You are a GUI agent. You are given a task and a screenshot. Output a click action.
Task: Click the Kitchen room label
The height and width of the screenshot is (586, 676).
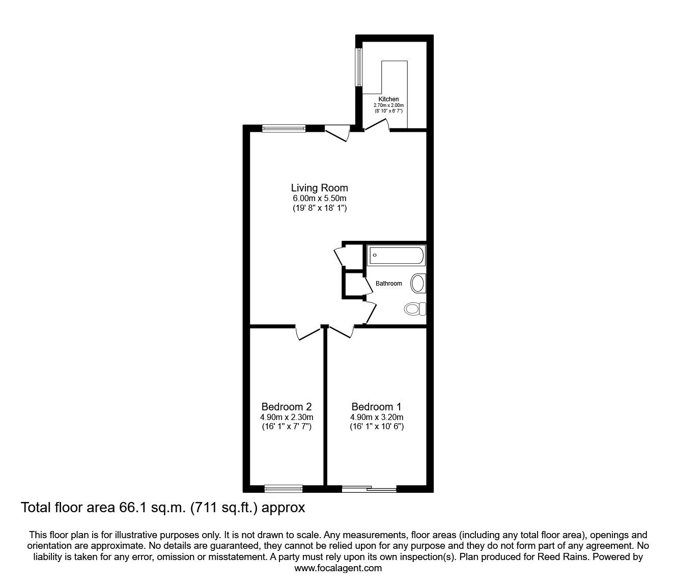point(388,99)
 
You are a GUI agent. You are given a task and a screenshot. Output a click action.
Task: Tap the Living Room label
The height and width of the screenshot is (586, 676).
point(319,188)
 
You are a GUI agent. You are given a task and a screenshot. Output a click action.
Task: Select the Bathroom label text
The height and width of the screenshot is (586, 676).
point(389,284)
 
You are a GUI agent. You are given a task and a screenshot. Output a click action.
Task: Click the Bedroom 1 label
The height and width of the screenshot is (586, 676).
point(376,407)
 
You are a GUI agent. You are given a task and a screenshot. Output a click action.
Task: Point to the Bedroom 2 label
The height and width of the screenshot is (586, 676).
point(286,407)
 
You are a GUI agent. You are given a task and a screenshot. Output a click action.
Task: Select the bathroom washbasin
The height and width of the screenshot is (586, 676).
point(418,283)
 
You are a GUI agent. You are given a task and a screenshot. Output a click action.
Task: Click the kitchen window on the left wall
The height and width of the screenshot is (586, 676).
point(359,67)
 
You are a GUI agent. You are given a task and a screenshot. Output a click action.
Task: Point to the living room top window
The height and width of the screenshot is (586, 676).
point(284,129)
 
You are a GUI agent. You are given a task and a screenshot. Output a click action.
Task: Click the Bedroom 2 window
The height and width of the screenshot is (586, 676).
point(284,489)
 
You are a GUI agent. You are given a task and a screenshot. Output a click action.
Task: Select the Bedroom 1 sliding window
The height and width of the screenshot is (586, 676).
point(369,489)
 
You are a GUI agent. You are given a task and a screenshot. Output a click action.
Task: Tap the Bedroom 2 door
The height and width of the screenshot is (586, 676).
point(308,333)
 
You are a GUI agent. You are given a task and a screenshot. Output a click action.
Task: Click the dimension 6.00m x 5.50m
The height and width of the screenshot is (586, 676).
point(319,198)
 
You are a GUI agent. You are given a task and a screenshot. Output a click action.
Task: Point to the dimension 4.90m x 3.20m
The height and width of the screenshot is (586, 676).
point(376,417)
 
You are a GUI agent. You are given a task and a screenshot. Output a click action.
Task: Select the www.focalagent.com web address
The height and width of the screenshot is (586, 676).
point(338,569)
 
